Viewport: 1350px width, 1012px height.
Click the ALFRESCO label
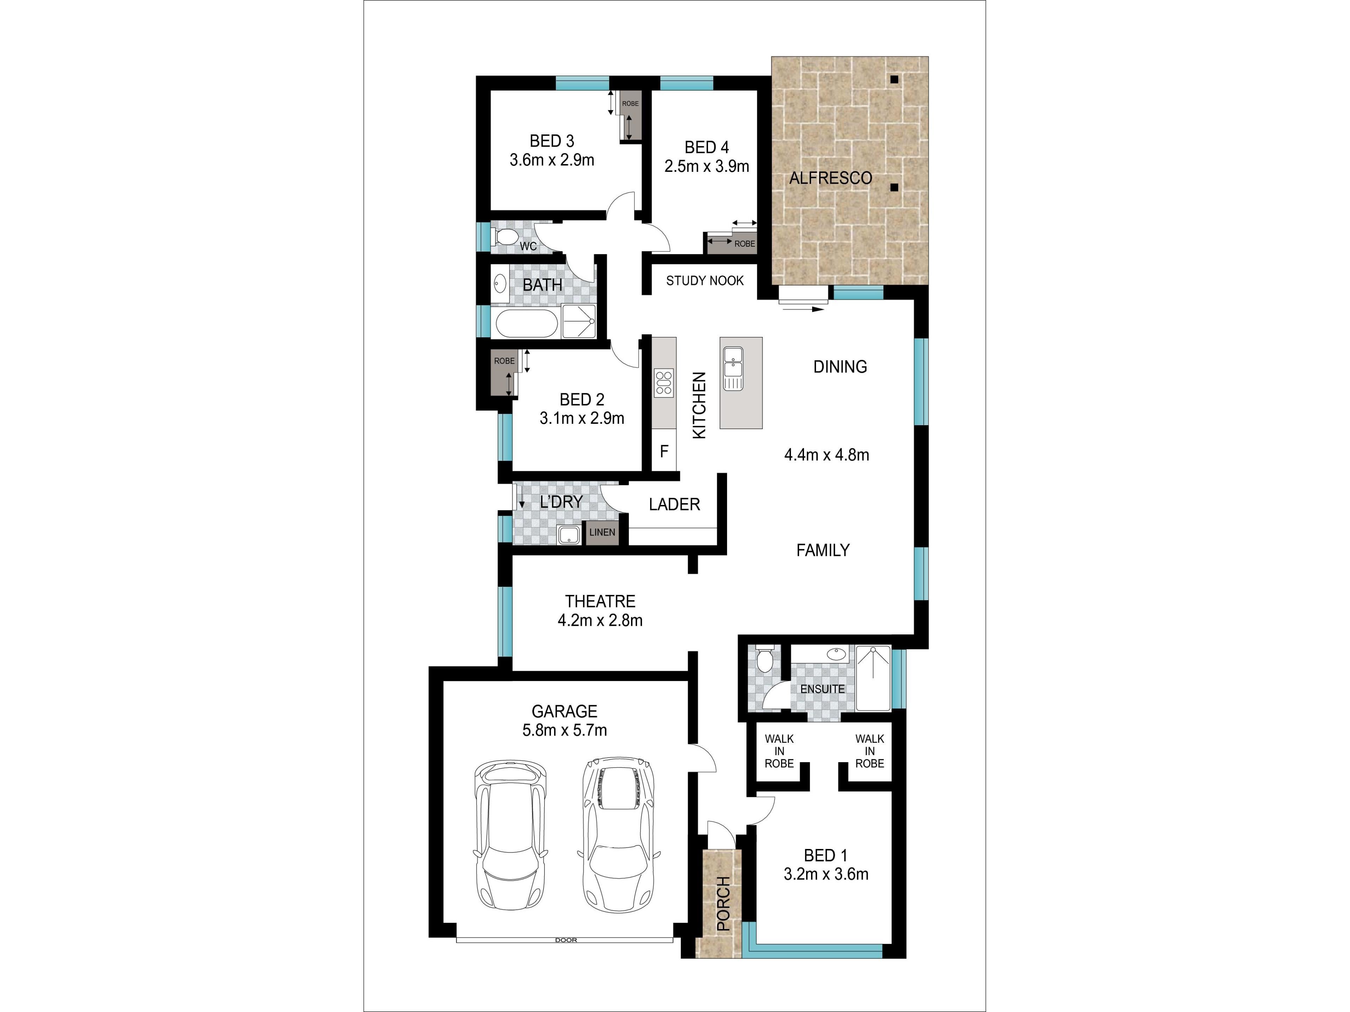(x=831, y=178)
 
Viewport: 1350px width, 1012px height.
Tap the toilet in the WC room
(x=504, y=237)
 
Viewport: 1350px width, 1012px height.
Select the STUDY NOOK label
(x=705, y=281)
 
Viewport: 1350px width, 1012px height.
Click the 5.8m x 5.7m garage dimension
(x=565, y=730)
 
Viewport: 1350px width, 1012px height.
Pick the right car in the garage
(x=618, y=835)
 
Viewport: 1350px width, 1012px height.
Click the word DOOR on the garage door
(x=566, y=940)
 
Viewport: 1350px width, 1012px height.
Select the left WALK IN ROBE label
(x=779, y=751)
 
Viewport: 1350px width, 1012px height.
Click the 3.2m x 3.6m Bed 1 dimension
(x=826, y=874)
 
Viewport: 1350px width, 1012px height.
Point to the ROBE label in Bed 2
(x=504, y=361)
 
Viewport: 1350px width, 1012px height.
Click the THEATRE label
(x=600, y=602)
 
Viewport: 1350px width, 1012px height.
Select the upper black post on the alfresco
(x=894, y=79)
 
